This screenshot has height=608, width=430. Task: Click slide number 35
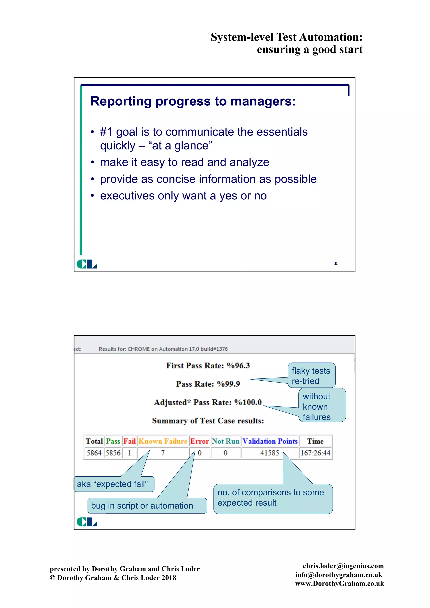coord(336,263)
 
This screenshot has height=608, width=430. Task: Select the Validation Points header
coord(270,441)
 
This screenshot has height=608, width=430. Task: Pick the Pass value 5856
coord(113,453)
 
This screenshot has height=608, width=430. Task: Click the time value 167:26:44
coord(315,453)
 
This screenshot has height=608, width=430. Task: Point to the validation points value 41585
coord(270,453)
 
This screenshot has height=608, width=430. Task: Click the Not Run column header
coord(225,441)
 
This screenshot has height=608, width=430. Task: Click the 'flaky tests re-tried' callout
coord(311,376)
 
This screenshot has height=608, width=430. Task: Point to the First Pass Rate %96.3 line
coord(208,366)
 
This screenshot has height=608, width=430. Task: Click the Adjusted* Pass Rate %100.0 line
coord(208,402)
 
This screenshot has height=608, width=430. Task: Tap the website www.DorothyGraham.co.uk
coord(340,583)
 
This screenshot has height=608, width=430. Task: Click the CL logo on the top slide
coord(87,264)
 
